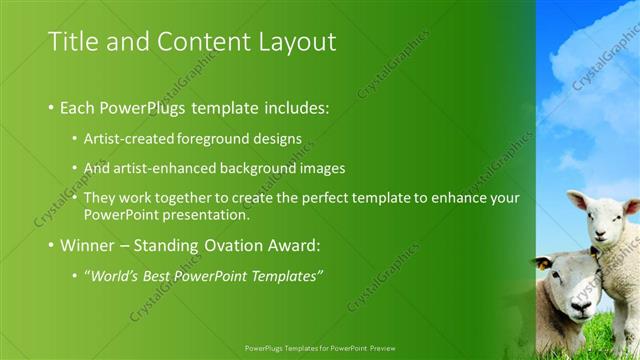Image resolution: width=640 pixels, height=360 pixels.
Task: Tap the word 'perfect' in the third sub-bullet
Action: [326, 198]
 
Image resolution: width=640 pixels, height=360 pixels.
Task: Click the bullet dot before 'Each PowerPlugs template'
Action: [51, 107]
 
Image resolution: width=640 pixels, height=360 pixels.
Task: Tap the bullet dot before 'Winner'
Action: [51, 246]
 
